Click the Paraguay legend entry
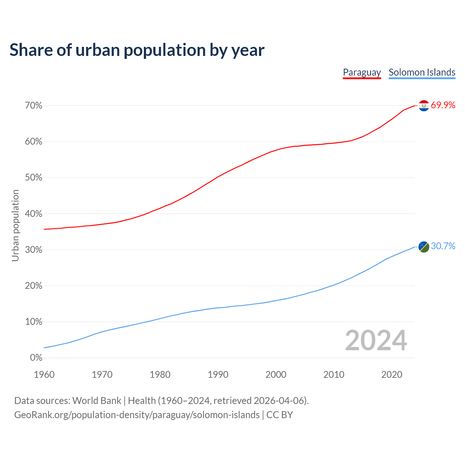(x=362, y=72)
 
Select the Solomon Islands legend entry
(x=422, y=72)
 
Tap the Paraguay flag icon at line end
(x=424, y=105)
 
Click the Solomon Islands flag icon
(x=424, y=247)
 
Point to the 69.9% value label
(x=443, y=105)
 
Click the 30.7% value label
(x=443, y=246)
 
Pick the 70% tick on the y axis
(x=34, y=106)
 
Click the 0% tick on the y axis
(x=36, y=358)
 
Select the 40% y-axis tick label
(x=34, y=214)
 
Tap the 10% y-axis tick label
(x=34, y=322)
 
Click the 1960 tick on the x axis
(x=44, y=375)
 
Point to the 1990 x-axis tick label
(x=218, y=375)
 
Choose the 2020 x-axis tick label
(x=392, y=375)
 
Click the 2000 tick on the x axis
(x=276, y=375)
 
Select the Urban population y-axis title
(x=15, y=226)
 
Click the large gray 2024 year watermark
(x=376, y=340)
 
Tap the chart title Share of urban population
(x=137, y=50)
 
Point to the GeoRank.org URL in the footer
(x=137, y=415)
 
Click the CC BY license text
(x=280, y=415)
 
